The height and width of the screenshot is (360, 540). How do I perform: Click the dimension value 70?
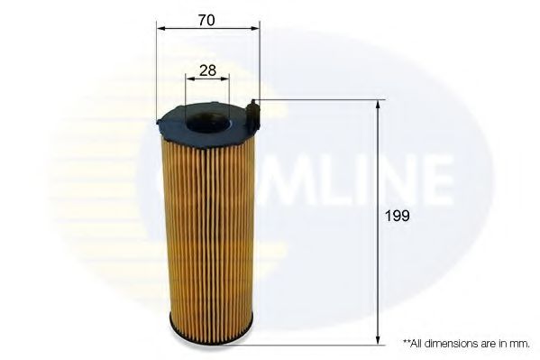click(x=206, y=19)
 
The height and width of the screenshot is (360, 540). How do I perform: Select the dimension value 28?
click(x=206, y=69)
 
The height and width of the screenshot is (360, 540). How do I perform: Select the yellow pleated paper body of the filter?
click(x=208, y=226)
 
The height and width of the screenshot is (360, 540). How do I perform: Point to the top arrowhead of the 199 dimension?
click(x=378, y=105)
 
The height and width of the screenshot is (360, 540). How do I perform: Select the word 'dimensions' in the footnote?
click(x=447, y=344)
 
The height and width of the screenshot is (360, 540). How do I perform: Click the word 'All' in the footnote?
click(x=416, y=344)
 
